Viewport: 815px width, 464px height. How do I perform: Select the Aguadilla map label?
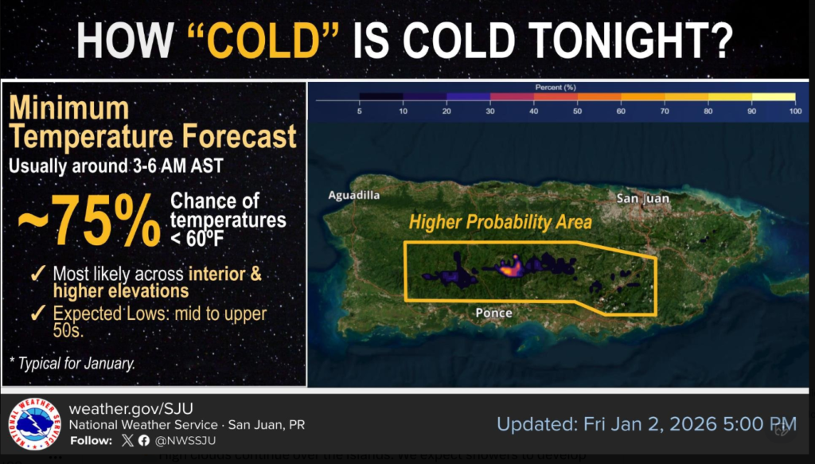pos(354,195)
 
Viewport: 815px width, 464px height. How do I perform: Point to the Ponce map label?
pos(493,313)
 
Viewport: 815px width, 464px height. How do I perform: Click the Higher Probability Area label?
pos(501,223)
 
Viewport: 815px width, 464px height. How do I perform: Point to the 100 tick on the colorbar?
pos(794,112)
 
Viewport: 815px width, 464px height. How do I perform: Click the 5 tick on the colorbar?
pos(360,112)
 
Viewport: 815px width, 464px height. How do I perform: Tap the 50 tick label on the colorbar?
pos(576,112)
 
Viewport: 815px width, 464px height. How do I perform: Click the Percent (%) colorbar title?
pos(556,85)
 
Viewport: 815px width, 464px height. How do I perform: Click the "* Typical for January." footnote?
pos(72,363)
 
